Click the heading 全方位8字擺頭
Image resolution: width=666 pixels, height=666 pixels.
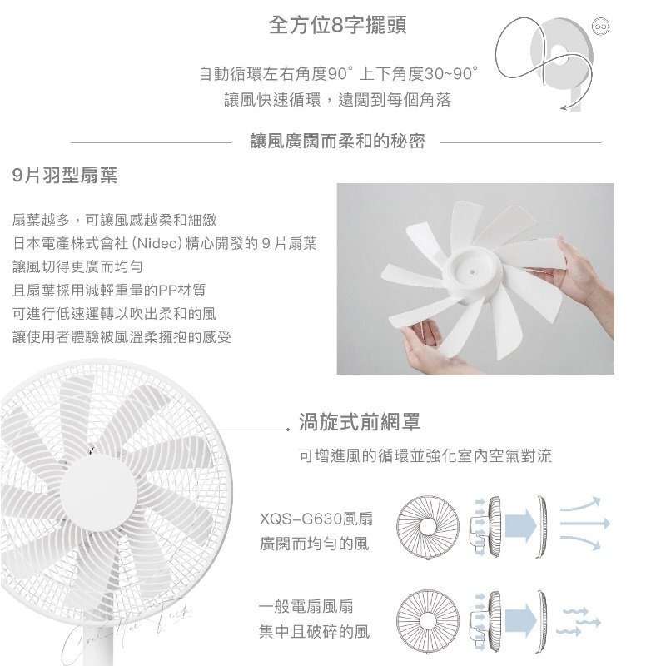[x=338, y=26]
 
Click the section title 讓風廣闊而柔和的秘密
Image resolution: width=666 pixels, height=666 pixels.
[x=337, y=141]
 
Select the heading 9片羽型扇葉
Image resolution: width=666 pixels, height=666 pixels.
[x=65, y=176]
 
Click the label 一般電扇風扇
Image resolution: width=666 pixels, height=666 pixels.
[x=306, y=607]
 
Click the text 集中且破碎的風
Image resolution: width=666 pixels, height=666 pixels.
[x=313, y=633]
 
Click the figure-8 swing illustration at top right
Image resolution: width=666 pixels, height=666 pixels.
[x=545, y=58]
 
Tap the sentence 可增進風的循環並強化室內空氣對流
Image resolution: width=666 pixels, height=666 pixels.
[x=425, y=458]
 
